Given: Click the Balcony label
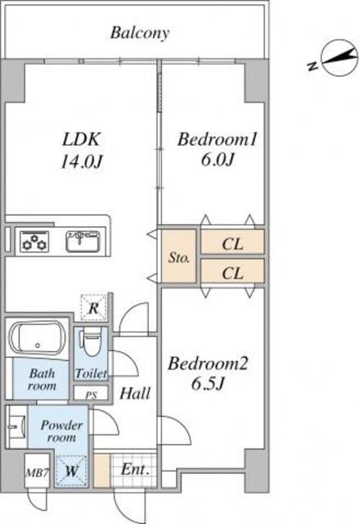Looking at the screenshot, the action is (140, 33).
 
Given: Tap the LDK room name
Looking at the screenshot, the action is (81, 139).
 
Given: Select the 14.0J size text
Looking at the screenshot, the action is (81, 162).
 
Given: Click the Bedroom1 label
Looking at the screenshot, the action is (218, 139).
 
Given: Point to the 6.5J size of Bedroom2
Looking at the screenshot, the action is (207, 384).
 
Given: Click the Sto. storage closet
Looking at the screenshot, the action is (178, 255).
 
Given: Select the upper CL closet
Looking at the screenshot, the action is (232, 242).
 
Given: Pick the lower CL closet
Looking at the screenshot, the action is (232, 270).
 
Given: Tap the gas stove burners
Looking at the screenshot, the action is (34, 242).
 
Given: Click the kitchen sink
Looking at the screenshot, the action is (83, 241).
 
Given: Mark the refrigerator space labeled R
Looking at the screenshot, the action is (93, 308).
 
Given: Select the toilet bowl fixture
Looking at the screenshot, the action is (91, 341).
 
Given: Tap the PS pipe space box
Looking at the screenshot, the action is (91, 393).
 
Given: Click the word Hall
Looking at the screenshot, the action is (135, 393).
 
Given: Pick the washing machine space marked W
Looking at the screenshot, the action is (71, 472).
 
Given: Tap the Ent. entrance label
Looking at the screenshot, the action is (134, 469).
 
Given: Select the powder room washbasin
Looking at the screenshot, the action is (16, 427).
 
